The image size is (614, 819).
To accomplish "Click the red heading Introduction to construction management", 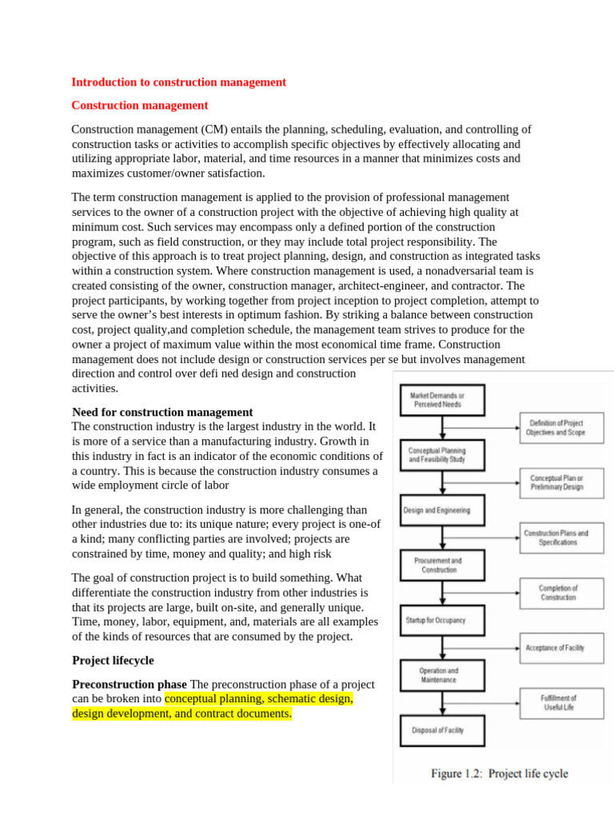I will [178, 82].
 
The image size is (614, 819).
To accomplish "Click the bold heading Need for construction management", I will [162, 412].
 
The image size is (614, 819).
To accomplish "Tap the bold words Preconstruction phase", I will [130, 684].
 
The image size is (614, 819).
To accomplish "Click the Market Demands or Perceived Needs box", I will [437, 400].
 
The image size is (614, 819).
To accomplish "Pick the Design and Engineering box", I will [437, 509].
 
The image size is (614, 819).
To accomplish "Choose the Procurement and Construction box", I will [437, 565].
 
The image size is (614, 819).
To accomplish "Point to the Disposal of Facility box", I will [437, 729].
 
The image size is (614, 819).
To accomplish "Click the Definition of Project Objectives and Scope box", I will [556, 427].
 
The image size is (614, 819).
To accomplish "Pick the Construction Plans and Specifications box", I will [556, 537].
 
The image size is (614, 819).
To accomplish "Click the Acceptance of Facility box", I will [555, 648].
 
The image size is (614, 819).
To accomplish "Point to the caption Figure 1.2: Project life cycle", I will [500, 773].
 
